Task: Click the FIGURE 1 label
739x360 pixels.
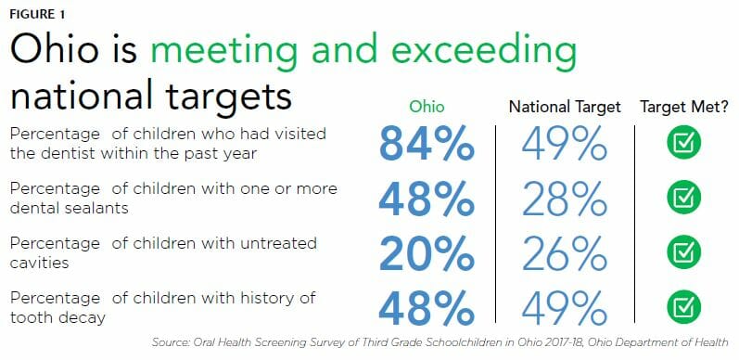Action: click(37, 15)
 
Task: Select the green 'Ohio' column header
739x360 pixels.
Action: click(427, 107)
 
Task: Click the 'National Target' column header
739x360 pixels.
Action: click(565, 107)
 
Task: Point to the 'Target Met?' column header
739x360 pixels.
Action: click(685, 107)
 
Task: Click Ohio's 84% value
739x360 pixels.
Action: click(426, 143)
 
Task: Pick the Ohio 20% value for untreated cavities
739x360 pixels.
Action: click(426, 252)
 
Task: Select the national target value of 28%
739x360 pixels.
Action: click(564, 198)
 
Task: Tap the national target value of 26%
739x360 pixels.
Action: click(564, 252)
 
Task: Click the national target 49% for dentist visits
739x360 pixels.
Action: click(564, 143)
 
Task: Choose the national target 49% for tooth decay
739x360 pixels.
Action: click(564, 307)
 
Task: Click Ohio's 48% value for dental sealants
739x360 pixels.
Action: click(426, 198)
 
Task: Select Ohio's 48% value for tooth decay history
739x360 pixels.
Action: click(426, 307)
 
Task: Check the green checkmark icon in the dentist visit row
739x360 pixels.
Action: click(684, 143)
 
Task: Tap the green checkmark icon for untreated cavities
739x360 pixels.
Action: click(684, 252)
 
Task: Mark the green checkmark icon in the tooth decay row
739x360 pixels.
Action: click(684, 307)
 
